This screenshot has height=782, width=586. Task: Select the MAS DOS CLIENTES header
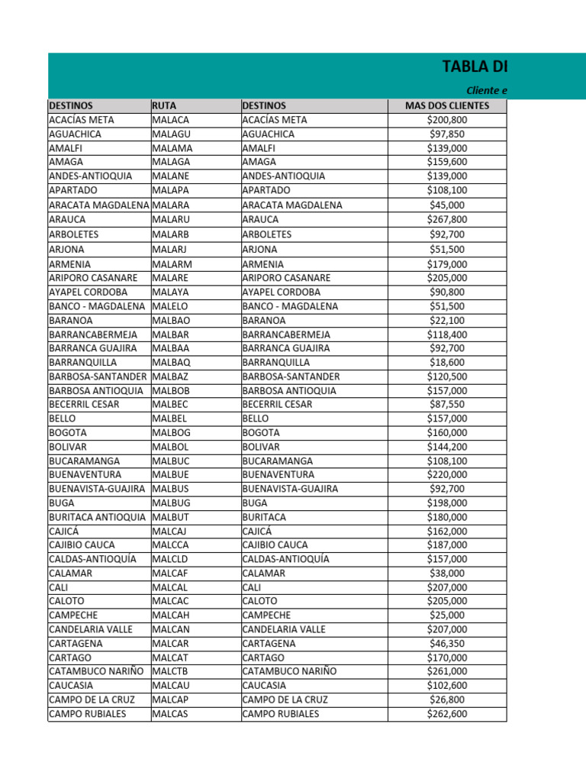point(447,105)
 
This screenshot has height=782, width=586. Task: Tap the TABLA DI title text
point(475,66)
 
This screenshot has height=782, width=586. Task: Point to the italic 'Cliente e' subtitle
point(487,91)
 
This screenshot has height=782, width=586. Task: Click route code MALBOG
point(171,432)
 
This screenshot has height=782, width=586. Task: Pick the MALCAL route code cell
point(170,587)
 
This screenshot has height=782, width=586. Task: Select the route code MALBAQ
point(171,362)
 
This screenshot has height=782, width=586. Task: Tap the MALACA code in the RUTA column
point(170,120)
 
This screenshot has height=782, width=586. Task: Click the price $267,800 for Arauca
point(447,219)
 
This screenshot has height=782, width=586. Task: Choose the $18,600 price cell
point(447,362)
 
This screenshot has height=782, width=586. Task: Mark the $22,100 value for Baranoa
point(447,321)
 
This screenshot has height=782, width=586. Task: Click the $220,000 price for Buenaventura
point(447,474)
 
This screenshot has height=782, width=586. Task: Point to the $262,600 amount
point(447,714)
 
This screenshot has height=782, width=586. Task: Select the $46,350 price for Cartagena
point(447,643)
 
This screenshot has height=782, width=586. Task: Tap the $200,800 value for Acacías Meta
point(447,120)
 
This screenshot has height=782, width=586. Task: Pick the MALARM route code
point(172,264)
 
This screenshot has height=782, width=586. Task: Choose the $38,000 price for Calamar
point(447,573)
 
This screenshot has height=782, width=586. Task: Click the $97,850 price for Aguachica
point(447,134)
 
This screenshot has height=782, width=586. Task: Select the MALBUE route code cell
point(170,474)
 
